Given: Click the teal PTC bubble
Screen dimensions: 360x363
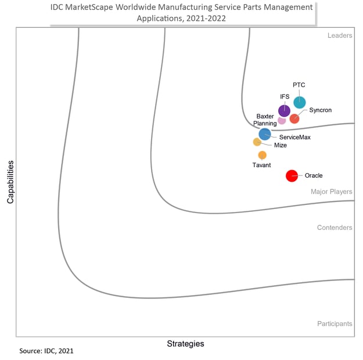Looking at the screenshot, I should [x=299, y=103].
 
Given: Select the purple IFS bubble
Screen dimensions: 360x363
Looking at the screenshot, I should [x=284, y=110].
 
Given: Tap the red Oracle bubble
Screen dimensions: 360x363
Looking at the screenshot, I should [x=292, y=176].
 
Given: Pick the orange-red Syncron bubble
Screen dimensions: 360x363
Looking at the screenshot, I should [x=294, y=118].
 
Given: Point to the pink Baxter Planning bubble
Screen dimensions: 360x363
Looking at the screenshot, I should [x=282, y=121].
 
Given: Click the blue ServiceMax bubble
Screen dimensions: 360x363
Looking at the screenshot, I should [x=264, y=134].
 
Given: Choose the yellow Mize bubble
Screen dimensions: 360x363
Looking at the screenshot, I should [x=257, y=142].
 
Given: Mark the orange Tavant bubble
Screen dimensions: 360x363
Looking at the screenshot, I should [x=262, y=155].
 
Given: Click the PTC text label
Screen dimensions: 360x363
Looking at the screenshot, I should [x=299, y=85].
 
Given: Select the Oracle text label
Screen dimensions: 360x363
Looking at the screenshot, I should [x=314, y=175].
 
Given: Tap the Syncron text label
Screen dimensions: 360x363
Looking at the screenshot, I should [x=321, y=110].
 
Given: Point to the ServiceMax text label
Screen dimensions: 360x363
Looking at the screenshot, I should [x=294, y=137].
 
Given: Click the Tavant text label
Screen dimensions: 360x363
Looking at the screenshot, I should [x=261, y=165].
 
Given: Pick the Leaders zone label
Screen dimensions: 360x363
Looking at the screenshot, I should [x=340, y=35].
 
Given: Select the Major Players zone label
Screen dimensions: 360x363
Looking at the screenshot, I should [x=331, y=192].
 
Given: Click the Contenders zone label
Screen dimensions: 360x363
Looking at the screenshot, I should [x=335, y=228].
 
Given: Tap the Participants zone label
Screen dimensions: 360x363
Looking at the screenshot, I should [x=335, y=323].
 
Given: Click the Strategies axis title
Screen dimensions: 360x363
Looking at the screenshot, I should [x=185, y=344].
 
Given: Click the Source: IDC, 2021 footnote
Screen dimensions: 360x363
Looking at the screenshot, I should [x=46, y=351].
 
